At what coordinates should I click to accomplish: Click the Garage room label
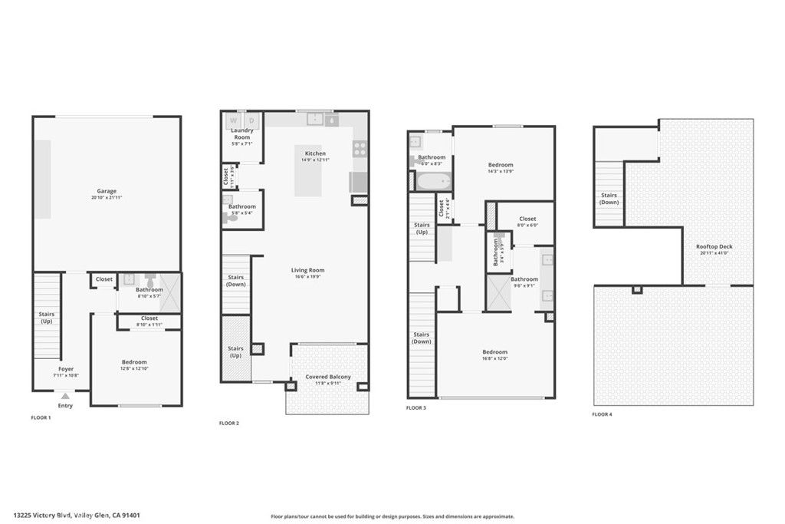point(107,191)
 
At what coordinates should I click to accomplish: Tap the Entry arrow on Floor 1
point(65,396)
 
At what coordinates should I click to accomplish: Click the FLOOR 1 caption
point(40,417)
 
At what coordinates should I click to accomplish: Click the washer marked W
point(234,120)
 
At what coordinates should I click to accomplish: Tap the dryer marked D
point(251,120)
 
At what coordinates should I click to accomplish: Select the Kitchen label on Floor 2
point(315,153)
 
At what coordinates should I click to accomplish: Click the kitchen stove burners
point(360,150)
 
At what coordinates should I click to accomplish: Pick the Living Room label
point(307,270)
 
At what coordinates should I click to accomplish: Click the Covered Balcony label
point(328,377)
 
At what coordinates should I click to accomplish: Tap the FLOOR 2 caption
point(230,423)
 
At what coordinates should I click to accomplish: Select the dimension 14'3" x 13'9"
point(501,172)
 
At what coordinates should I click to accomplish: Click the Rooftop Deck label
point(714,246)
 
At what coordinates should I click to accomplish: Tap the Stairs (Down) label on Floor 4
point(609,199)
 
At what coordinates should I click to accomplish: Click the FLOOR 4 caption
point(602,414)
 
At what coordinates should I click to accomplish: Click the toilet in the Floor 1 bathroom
point(151,280)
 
